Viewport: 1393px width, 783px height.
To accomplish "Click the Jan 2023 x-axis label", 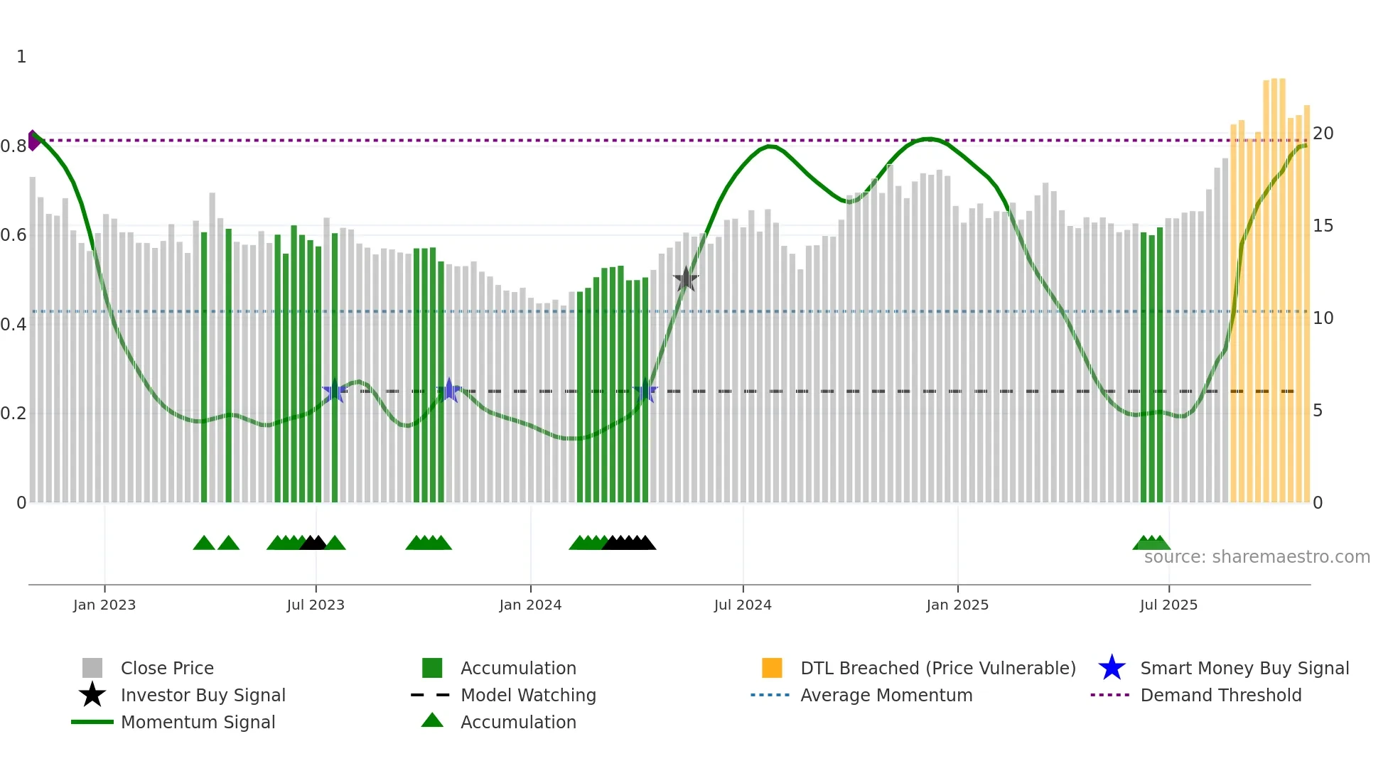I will [104, 605].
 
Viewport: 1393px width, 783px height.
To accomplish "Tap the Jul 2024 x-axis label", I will [743, 605].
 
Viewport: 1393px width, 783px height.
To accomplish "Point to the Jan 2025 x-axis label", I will [957, 605].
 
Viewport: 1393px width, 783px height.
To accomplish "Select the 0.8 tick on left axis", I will [13, 146].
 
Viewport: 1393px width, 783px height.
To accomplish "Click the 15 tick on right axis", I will [1323, 226].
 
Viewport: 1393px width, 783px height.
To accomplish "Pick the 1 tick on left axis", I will [21, 57].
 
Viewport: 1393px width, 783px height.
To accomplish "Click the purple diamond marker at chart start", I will [33, 140].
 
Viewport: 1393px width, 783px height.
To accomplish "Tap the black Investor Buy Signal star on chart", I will [686, 279].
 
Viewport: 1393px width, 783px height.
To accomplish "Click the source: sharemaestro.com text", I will [1257, 557].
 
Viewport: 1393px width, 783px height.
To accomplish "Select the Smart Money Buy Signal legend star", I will [1112, 668].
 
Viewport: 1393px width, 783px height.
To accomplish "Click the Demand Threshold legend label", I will [1220, 695].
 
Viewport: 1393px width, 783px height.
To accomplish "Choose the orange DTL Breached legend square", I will [772, 668].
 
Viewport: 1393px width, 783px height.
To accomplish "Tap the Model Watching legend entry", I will [527, 695].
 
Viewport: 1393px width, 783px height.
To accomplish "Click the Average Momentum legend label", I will [886, 695].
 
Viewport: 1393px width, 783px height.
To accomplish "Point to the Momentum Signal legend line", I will [92, 722].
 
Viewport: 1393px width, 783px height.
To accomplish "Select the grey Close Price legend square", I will [92, 668].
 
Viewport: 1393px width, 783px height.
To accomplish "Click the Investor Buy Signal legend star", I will [92, 695].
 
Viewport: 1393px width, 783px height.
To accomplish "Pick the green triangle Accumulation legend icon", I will [432, 720].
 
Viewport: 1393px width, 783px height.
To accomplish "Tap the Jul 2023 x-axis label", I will [316, 605].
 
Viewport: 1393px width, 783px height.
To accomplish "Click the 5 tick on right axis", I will [1318, 411].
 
